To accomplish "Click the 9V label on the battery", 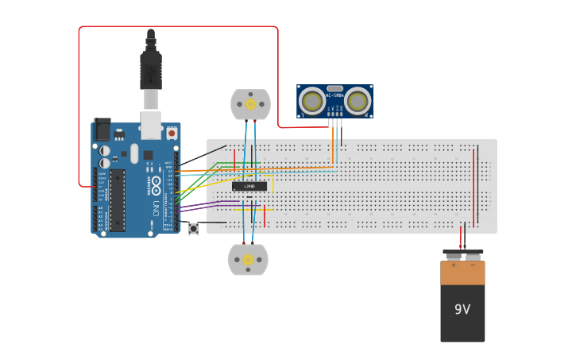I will coord(462,309).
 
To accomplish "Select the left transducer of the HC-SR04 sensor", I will coord(312,101).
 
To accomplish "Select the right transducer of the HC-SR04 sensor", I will coord(358,101).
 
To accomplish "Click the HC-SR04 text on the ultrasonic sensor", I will coord(334,96).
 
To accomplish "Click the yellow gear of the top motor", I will coord(250,104).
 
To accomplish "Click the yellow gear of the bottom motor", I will coord(248,259).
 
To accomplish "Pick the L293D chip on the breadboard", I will coord(249,186).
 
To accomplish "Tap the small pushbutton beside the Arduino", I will coord(194,229).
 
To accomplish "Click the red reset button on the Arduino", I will coord(171,134).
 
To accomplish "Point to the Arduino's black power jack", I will coord(102,130).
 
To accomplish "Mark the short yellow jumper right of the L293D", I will coord(273,184).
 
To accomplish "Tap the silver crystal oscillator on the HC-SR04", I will coord(334,88).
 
